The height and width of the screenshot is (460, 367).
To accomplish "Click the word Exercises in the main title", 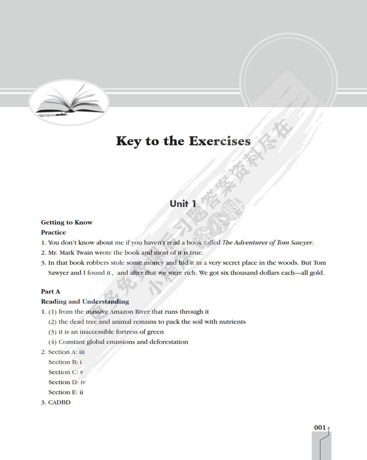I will tap(220, 141).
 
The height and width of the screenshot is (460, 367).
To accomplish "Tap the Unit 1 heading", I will tap(183, 204).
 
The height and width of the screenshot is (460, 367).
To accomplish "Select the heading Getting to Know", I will tap(67, 222).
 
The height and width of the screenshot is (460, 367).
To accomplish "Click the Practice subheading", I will tap(54, 233).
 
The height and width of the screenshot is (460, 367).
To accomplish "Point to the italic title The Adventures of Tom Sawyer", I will tap(267, 243).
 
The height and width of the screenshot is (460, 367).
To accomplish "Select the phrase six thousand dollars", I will tap(250, 273).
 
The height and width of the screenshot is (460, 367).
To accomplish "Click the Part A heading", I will tap(51, 292).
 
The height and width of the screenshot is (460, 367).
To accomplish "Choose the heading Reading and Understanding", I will tap(85, 302).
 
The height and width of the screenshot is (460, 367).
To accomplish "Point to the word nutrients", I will tap(232, 322).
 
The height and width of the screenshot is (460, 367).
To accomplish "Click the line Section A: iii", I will tap(66, 352).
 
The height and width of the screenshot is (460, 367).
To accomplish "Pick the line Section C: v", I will tap(66, 372).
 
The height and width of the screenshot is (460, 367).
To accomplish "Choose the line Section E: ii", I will tap(66, 392).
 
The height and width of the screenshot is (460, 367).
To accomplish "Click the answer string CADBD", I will tap(59, 402).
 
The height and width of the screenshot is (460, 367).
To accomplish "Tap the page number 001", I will tap(320, 427).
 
